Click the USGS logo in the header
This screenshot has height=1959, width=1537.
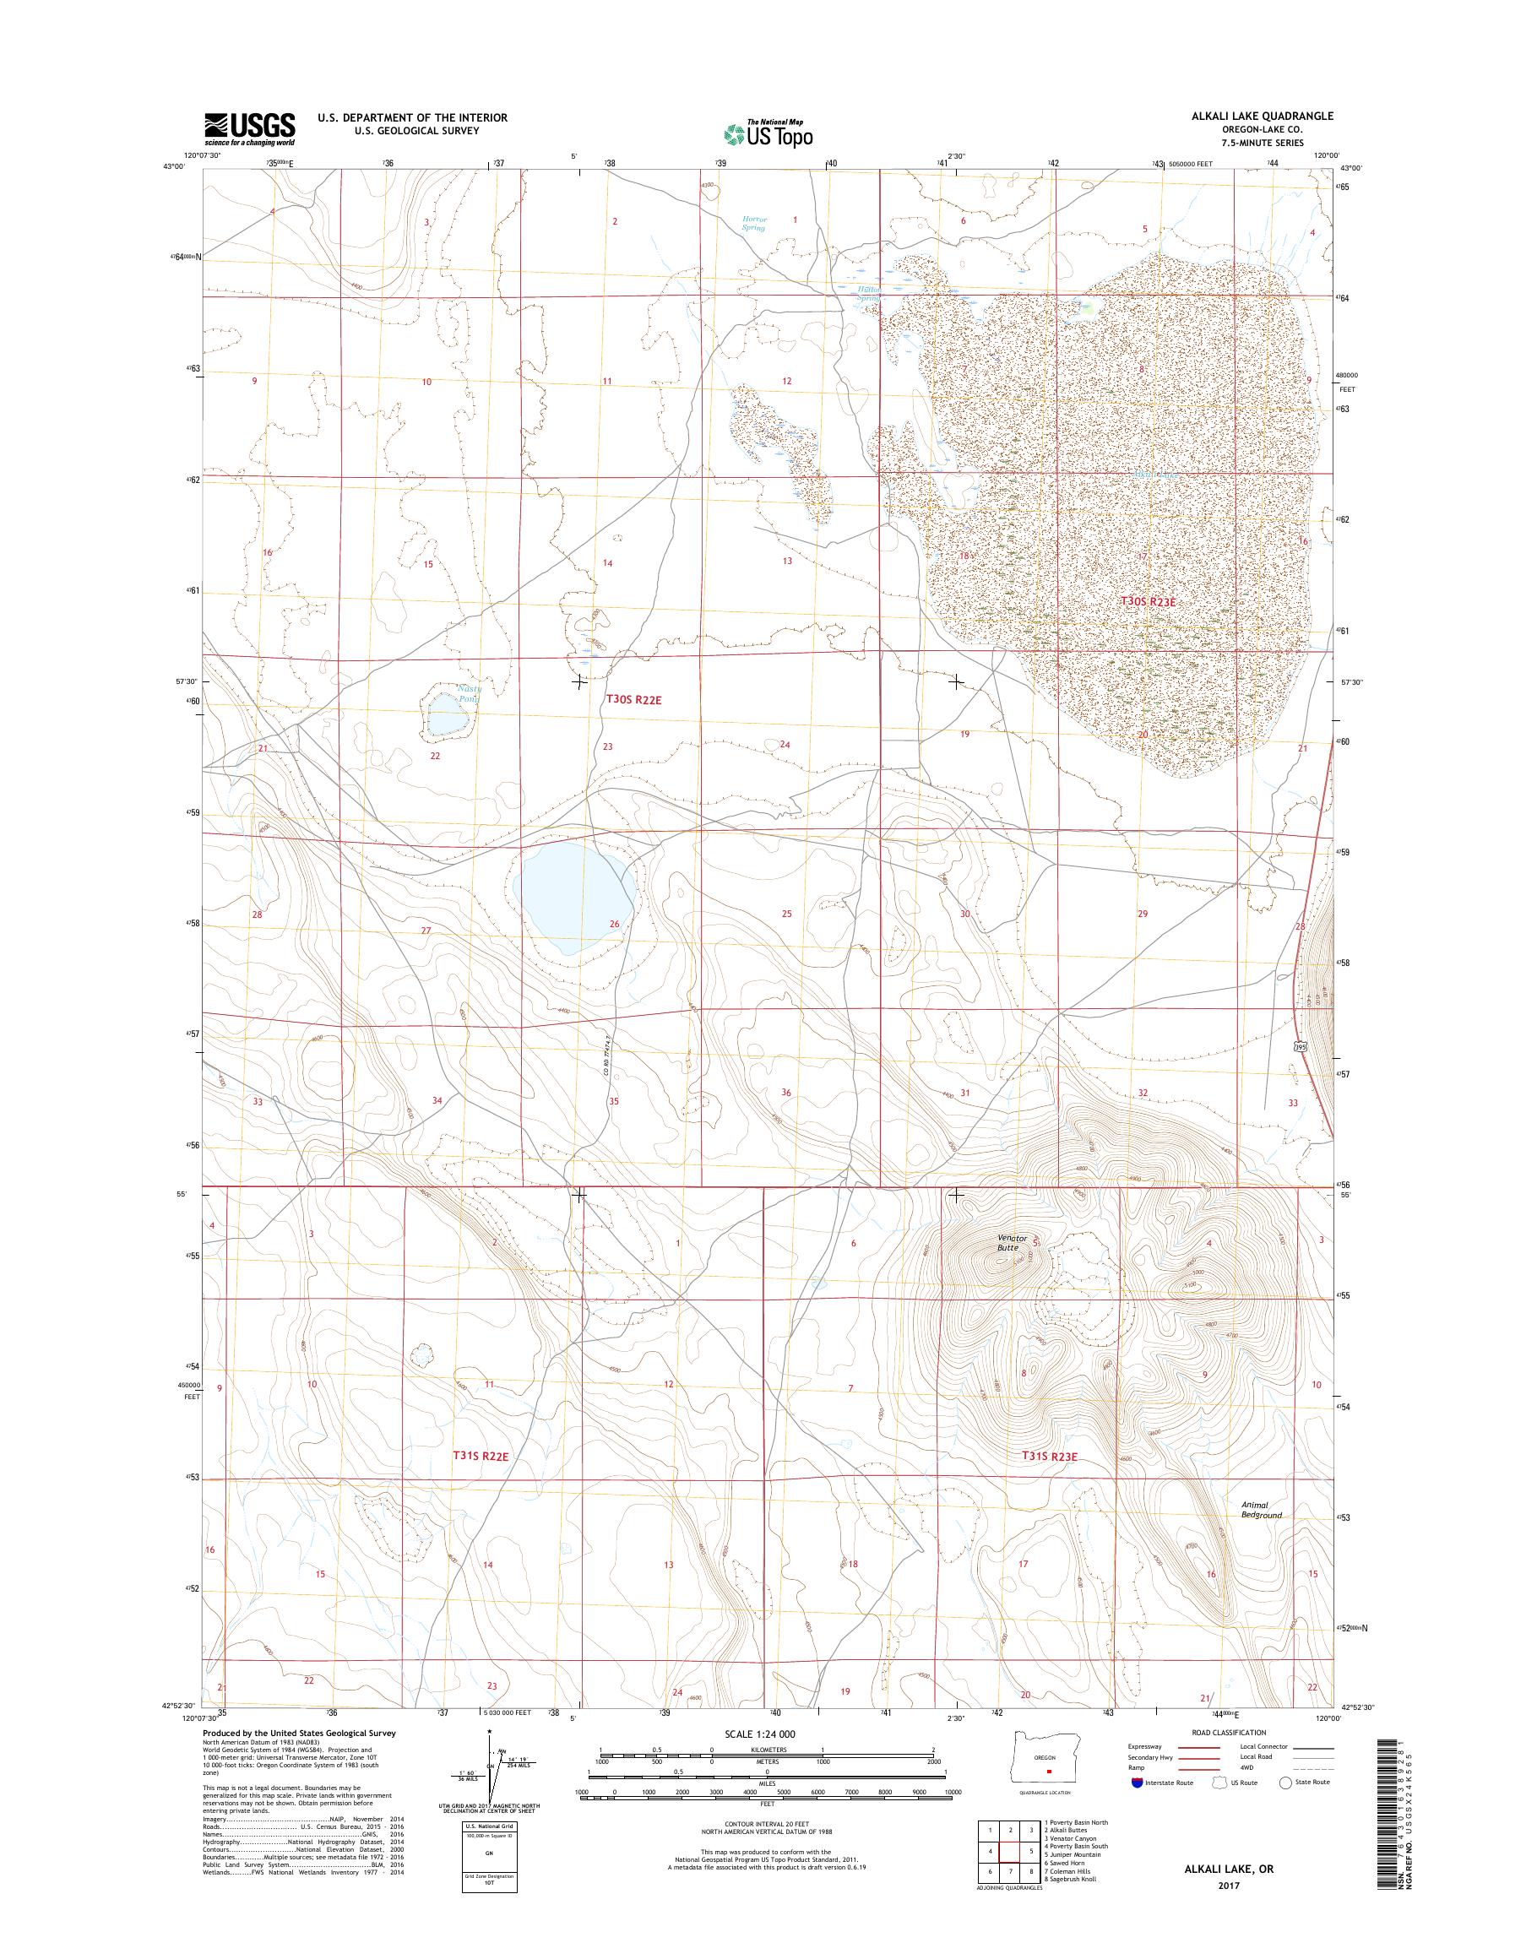tap(249, 129)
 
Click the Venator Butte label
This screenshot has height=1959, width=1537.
tap(1012, 1243)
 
